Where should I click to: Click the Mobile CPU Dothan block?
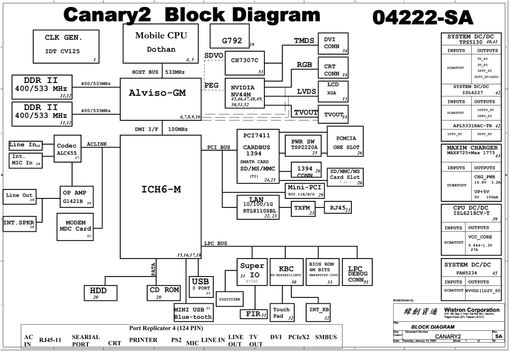pos(161,43)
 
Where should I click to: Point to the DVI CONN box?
pos(333,44)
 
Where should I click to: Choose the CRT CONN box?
pos(333,69)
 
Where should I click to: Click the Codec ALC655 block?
pos(67,149)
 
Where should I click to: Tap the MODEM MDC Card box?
pos(75,226)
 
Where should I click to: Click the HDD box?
pos(102,293)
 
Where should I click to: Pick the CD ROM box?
pos(164,293)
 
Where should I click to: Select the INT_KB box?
pos(319,311)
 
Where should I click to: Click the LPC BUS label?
pos(216,243)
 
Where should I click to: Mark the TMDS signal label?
pos(304,41)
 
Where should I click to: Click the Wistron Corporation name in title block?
pos(472,310)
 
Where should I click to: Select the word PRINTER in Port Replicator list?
pos(143,340)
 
